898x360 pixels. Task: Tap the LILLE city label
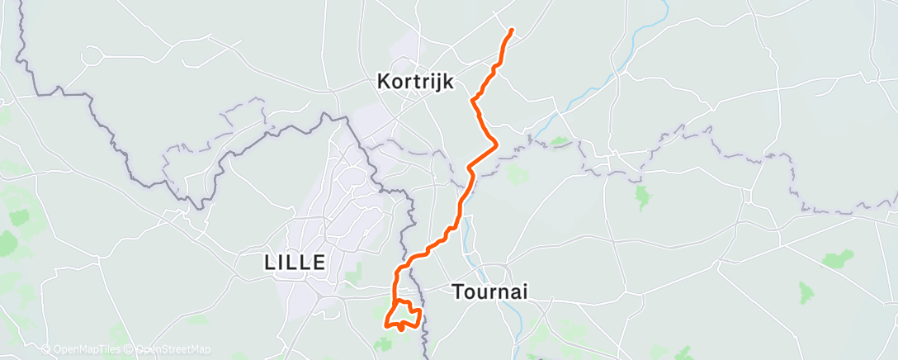[295, 263]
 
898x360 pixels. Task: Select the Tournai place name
[489, 291]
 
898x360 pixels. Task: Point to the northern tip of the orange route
[513, 31]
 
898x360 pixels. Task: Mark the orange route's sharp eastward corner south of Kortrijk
[496, 144]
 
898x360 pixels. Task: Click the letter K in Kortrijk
[383, 82]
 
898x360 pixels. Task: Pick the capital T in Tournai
[457, 291]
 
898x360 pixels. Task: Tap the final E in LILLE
[319, 263]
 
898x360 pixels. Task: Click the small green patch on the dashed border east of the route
[560, 142]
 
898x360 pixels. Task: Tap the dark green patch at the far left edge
[7, 244]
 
